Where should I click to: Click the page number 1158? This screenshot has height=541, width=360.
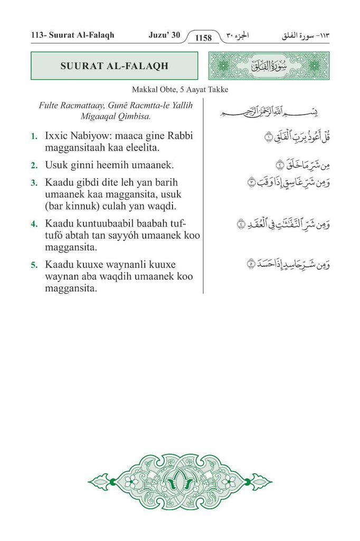203,38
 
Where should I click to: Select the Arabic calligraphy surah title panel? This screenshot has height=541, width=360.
269,66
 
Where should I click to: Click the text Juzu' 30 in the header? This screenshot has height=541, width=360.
164,36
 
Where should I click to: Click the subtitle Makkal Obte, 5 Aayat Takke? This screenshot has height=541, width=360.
180,90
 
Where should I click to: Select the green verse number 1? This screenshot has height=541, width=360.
34,136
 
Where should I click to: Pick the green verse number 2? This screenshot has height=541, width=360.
34,165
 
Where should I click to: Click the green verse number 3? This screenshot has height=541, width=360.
34,183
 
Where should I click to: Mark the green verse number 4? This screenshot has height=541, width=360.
34,223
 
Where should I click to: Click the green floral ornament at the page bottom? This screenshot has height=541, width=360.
179,481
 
